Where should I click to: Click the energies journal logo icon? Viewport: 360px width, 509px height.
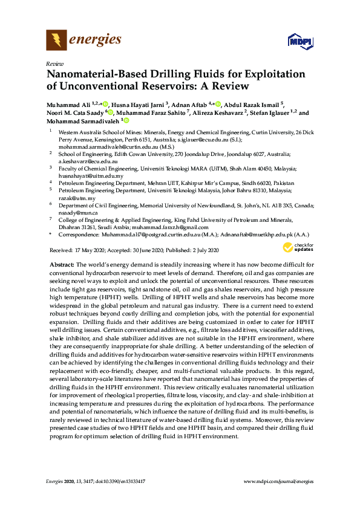(x=56, y=41)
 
